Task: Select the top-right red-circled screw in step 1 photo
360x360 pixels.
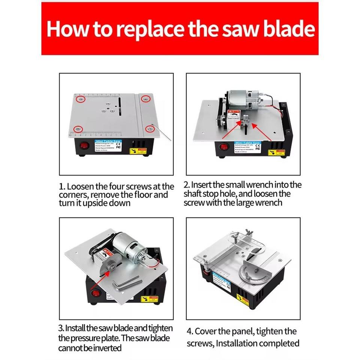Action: (145, 98)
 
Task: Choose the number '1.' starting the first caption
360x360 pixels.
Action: (62, 186)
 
